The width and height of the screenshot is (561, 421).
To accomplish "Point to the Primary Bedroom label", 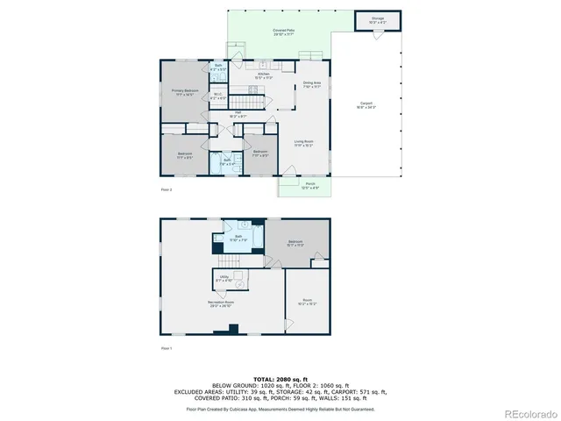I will point(182,91).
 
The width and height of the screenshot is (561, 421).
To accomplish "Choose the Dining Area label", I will point(311,85).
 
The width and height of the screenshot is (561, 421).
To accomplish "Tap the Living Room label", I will point(303,143).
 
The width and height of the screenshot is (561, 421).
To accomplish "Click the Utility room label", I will point(224,280).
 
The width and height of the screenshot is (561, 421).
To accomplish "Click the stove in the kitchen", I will point(260,66).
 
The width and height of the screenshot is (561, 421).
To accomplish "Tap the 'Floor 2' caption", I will point(166,189).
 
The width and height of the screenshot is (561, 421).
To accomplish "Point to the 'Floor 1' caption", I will point(166,348).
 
